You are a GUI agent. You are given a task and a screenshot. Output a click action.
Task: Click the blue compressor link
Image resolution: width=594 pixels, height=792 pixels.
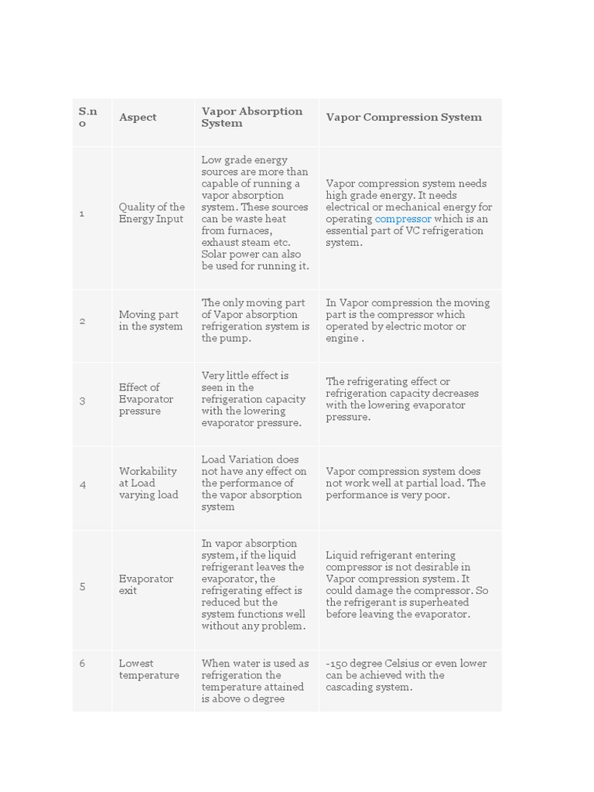pyautogui.click(x=403, y=219)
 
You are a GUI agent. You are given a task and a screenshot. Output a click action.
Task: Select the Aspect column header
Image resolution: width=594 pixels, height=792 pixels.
pyautogui.click(x=138, y=118)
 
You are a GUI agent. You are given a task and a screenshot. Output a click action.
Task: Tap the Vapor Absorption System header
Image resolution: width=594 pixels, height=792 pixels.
pyautogui.click(x=252, y=117)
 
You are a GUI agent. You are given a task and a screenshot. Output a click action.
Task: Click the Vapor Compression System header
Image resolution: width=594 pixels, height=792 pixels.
pyautogui.click(x=404, y=118)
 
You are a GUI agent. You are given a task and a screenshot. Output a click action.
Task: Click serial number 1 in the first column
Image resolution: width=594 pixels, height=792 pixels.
pyautogui.click(x=82, y=213)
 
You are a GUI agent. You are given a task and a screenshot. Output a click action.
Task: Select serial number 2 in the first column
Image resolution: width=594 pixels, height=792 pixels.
pyautogui.click(x=82, y=321)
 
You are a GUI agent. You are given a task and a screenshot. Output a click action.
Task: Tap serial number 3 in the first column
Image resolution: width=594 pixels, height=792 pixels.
pyautogui.click(x=82, y=400)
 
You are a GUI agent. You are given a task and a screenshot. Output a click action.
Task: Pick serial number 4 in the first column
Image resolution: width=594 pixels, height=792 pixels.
pyautogui.click(x=82, y=484)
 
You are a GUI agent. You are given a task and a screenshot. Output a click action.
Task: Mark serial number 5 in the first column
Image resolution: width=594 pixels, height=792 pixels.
pyautogui.click(x=82, y=586)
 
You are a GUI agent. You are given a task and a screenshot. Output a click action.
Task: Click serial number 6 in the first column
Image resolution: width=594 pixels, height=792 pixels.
pyautogui.click(x=82, y=664)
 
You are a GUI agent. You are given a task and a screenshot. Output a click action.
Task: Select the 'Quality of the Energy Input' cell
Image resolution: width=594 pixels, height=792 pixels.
pyautogui.click(x=152, y=213)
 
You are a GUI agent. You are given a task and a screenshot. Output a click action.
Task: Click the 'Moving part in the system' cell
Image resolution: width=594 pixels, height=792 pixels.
pyautogui.click(x=151, y=320)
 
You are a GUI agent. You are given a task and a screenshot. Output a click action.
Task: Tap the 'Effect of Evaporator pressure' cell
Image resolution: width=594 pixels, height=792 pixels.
pyautogui.click(x=146, y=399)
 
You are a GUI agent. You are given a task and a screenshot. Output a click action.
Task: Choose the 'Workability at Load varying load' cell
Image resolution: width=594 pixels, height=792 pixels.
pyautogui.click(x=148, y=483)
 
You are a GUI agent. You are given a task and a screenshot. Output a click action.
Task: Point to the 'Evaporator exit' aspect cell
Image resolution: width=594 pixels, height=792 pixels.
pyautogui.click(x=146, y=585)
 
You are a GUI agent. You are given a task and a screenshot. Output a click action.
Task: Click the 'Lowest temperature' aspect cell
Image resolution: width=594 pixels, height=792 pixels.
pyautogui.click(x=148, y=669)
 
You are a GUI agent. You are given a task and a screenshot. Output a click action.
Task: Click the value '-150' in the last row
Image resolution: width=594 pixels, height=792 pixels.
pyautogui.click(x=337, y=664)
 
